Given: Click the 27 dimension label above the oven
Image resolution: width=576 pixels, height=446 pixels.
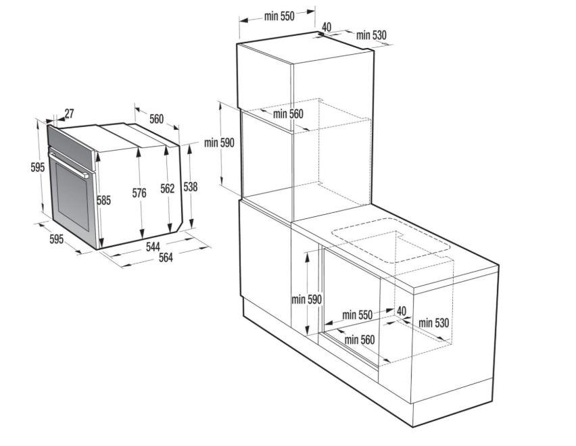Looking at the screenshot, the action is [x=69, y=114].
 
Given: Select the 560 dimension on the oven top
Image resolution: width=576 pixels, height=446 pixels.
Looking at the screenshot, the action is [x=156, y=119].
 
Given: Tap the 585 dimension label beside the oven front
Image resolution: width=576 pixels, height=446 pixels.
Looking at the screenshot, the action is [x=104, y=201].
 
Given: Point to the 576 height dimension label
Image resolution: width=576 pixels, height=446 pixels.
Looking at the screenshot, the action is [x=139, y=193].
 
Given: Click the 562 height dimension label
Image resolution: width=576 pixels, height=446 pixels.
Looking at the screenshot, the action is [x=168, y=189].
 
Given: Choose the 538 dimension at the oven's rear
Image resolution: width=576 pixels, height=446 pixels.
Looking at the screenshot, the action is [x=190, y=187].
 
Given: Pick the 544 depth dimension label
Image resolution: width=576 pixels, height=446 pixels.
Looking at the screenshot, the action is [x=153, y=247].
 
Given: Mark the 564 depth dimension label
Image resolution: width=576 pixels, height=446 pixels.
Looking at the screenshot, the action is [x=166, y=257].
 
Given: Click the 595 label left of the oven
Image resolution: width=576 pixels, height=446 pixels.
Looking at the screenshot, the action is [x=37, y=168].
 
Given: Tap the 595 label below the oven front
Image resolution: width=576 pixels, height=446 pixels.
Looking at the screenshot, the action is [x=57, y=239].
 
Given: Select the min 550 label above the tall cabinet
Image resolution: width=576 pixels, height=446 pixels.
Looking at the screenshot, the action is [x=279, y=16].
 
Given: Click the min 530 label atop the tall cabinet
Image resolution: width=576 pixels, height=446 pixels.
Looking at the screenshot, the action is [x=371, y=35].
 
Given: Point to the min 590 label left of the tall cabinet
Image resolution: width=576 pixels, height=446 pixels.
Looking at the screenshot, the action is [x=219, y=143].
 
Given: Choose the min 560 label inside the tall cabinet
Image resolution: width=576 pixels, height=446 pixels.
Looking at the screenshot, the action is [x=289, y=114].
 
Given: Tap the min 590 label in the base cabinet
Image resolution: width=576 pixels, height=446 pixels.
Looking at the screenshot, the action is [x=306, y=299].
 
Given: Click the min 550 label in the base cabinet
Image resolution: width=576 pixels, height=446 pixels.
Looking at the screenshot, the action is [x=358, y=315].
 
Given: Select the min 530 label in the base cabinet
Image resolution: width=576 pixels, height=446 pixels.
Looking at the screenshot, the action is [x=434, y=323].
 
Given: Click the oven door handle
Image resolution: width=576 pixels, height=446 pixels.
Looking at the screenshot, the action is [x=69, y=165].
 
